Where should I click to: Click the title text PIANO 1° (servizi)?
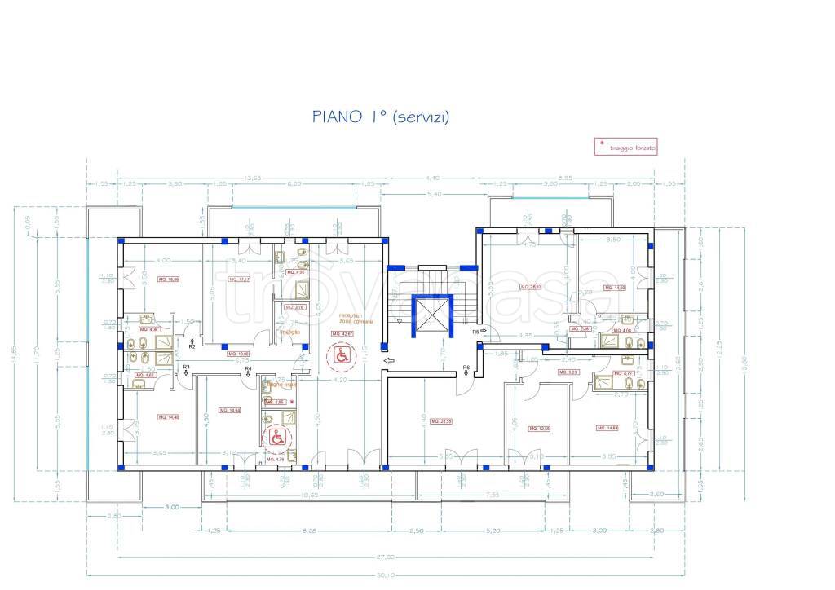click(381, 117)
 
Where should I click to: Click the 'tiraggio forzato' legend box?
click(625, 147)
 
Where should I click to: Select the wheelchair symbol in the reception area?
click(342, 354)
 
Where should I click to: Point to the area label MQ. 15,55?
click(167, 280)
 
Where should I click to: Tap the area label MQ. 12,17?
click(239, 280)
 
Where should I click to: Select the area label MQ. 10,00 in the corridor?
click(238, 354)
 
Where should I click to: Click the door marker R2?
click(192, 346)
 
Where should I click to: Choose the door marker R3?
click(186, 368)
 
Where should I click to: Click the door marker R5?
click(476, 332)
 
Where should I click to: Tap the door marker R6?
click(466, 368)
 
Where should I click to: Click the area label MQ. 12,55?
click(539, 428)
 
